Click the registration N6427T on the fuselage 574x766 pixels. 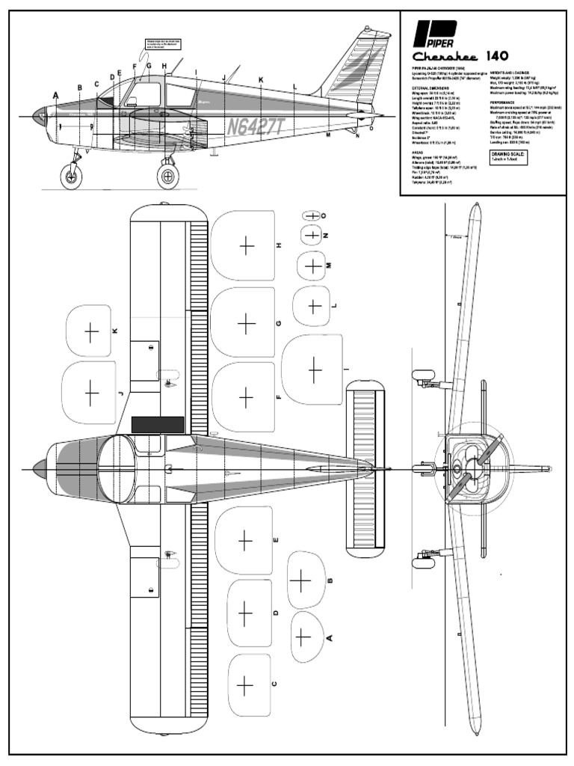click(x=256, y=125)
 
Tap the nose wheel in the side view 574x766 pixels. click(x=72, y=177)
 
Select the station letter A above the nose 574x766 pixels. click(x=56, y=95)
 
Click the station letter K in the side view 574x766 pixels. click(x=261, y=79)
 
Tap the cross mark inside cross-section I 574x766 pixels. click(x=315, y=370)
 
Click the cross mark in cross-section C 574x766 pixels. click(x=244, y=684)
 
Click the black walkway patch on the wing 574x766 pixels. click(x=158, y=424)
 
